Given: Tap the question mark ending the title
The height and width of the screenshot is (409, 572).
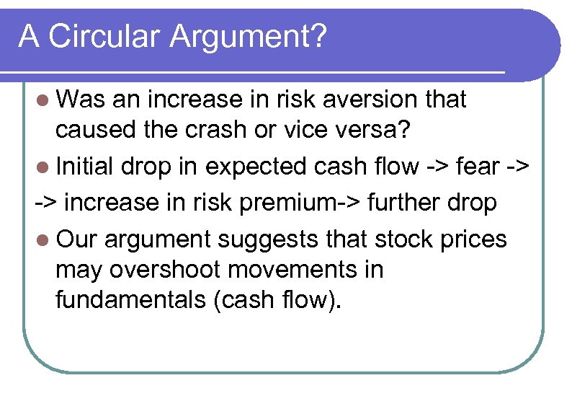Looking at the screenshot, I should (317, 36).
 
